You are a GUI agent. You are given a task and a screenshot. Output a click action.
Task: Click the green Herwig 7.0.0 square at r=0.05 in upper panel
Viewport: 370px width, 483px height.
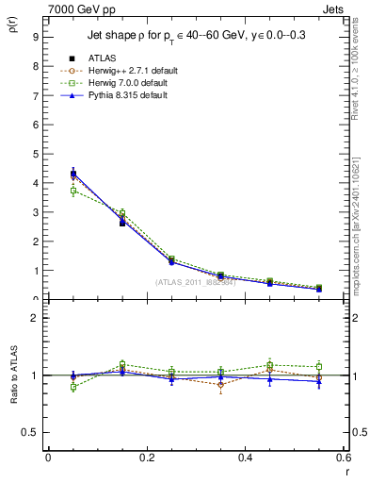[73, 191]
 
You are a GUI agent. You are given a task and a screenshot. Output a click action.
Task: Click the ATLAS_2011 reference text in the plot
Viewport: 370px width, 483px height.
[195, 283]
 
